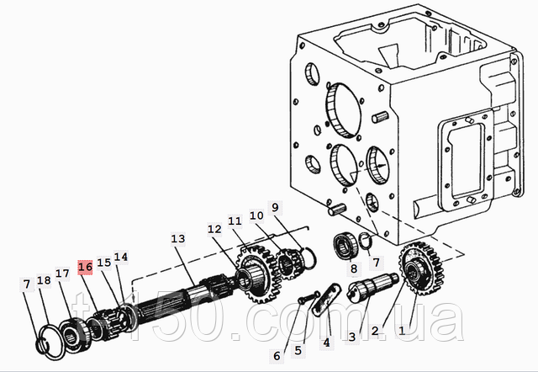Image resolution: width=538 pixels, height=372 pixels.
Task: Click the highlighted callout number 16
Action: coord(84,268)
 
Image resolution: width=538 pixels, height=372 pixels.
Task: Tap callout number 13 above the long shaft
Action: coord(177,239)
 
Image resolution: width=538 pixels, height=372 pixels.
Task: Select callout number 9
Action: coord(273,207)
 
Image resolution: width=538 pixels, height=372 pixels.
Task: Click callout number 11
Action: coord(235,221)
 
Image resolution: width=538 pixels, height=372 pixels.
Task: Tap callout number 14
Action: coord(121,258)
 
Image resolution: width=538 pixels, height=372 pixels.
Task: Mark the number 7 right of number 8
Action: coord(376,263)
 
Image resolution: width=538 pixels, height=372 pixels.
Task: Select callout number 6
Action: coord(277,355)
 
